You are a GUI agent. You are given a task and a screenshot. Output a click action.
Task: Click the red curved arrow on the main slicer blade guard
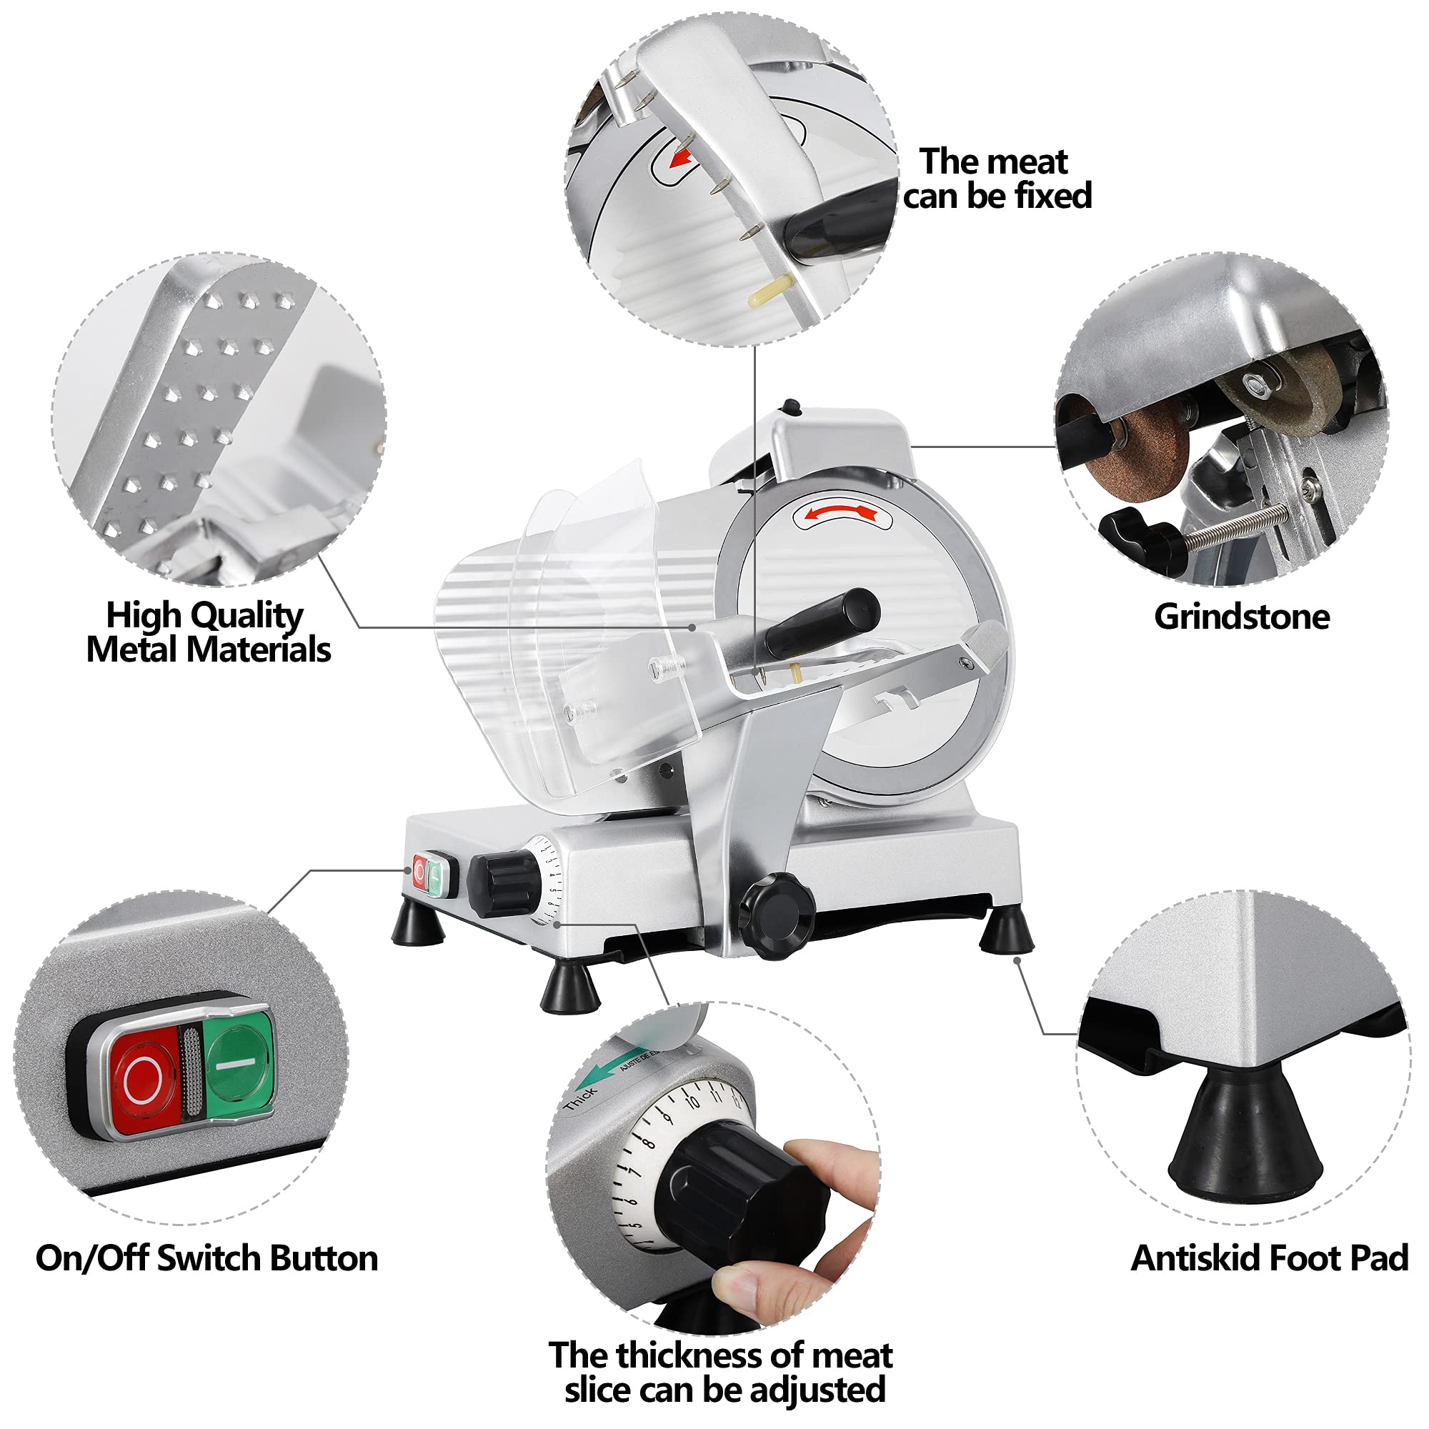pos(842,512)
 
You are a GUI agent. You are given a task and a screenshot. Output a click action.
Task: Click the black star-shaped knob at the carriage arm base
pos(775,916)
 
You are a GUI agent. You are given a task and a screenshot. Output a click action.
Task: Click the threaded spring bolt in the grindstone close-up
pos(1236,527)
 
